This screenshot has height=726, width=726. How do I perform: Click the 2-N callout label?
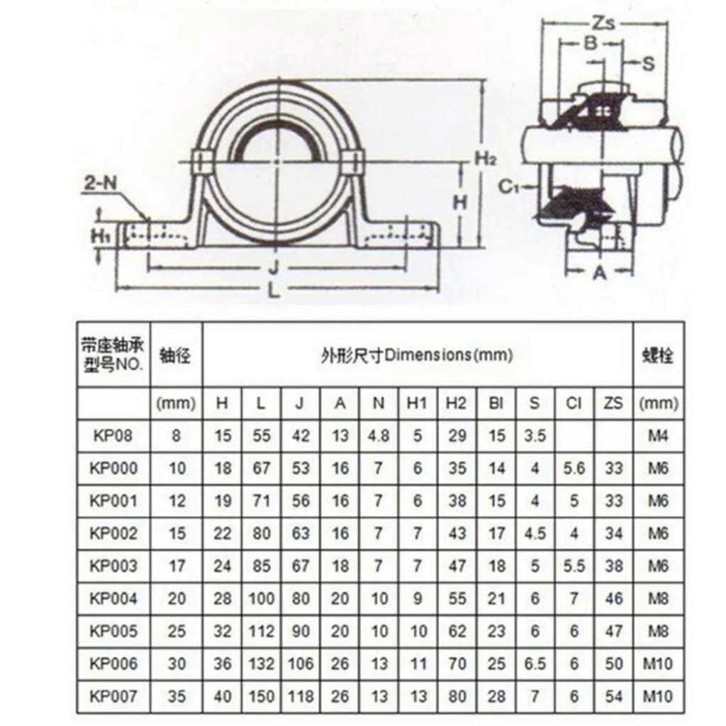pyautogui.click(x=100, y=184)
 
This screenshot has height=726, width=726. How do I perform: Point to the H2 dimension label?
pyautogui.click(x=486, y=160)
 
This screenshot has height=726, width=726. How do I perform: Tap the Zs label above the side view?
pyautogui.click(x=603, y=22)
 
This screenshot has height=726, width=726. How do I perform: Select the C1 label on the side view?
pyautogui.click(x=510, y=186)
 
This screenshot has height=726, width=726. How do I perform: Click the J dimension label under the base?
pyautogui.click(x=275, y=267)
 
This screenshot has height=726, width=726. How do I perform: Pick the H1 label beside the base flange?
pyautogui.click(x=99, y=236)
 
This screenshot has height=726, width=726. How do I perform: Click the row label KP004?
pyautogui.click(x=113, y=598)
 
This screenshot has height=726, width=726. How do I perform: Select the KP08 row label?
pyautogui.click(x=113, y=436)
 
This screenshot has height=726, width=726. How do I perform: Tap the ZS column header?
pyautogui.click(x=613, y=403)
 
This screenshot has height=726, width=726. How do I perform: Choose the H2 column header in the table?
pyautogui.click(x=456, y=403)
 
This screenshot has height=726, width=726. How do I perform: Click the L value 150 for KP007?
pyautogui.click(x=261, y=696)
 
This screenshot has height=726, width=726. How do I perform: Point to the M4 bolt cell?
pyautogui.click(x=658, y=436)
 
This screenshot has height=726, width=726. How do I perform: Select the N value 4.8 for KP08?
pyautogui.click(x=379, y=436)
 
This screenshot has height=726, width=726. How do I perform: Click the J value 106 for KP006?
pyautogui.click(x=301, y=664)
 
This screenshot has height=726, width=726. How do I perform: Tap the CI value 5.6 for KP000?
pyautogui.click(x=574, y=469)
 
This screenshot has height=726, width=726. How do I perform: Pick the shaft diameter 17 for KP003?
pyautogui.click(x=177, y=566)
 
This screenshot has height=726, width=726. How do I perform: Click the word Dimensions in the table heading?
pyautogui.click(x=428, y=356)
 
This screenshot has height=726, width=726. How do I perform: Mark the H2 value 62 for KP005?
pyautogui.click(x=457, y=630)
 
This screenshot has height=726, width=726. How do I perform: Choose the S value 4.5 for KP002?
pyautogui.click(x=535, y=533)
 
